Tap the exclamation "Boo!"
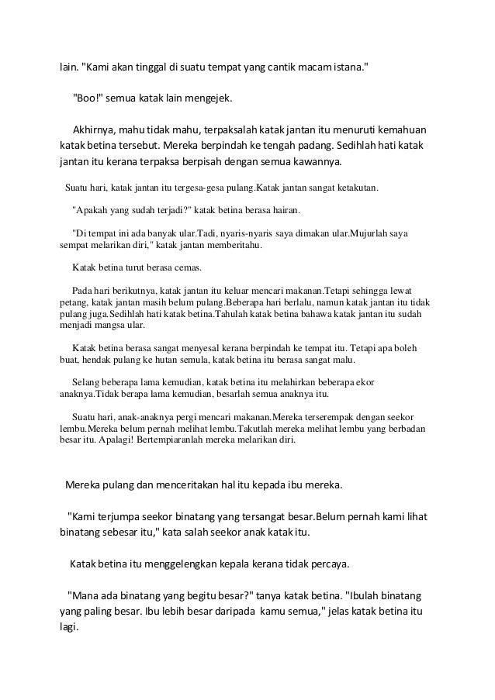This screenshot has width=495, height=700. click(x=88, y=99)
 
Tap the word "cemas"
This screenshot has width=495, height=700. click(x=186, y=268)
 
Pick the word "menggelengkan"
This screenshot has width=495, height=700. click(x=201, y=562)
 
